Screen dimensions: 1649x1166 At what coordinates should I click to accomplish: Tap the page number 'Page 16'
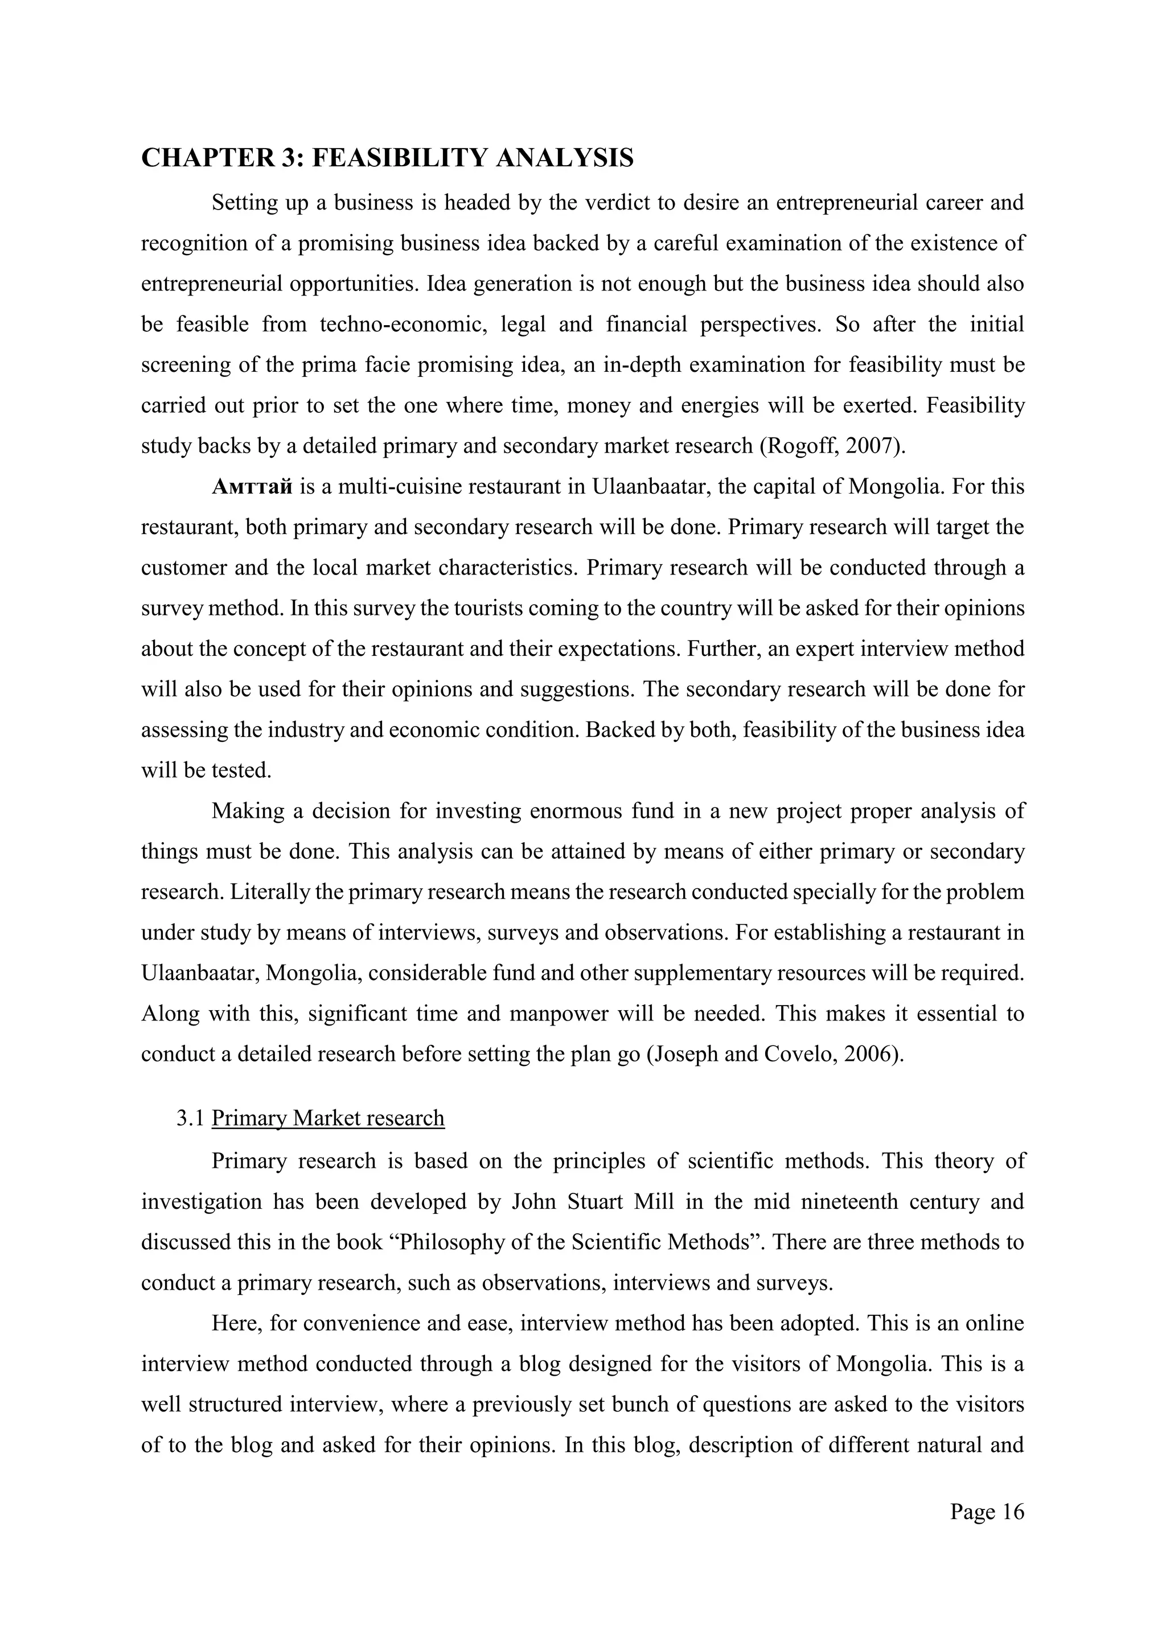pyautogui.click(x=987, y=1512)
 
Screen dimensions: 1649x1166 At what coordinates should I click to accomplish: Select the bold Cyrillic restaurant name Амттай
pyautogui.click(x=252, y=487)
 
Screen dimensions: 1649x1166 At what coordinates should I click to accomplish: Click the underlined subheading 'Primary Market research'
pyautogui.click(x=328, y=1118)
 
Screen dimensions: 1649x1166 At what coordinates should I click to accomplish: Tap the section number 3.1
pyautogui.click(x=191, y=1118)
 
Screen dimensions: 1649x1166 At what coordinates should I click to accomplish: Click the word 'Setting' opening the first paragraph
pyautogui.click(x=241, y=203)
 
